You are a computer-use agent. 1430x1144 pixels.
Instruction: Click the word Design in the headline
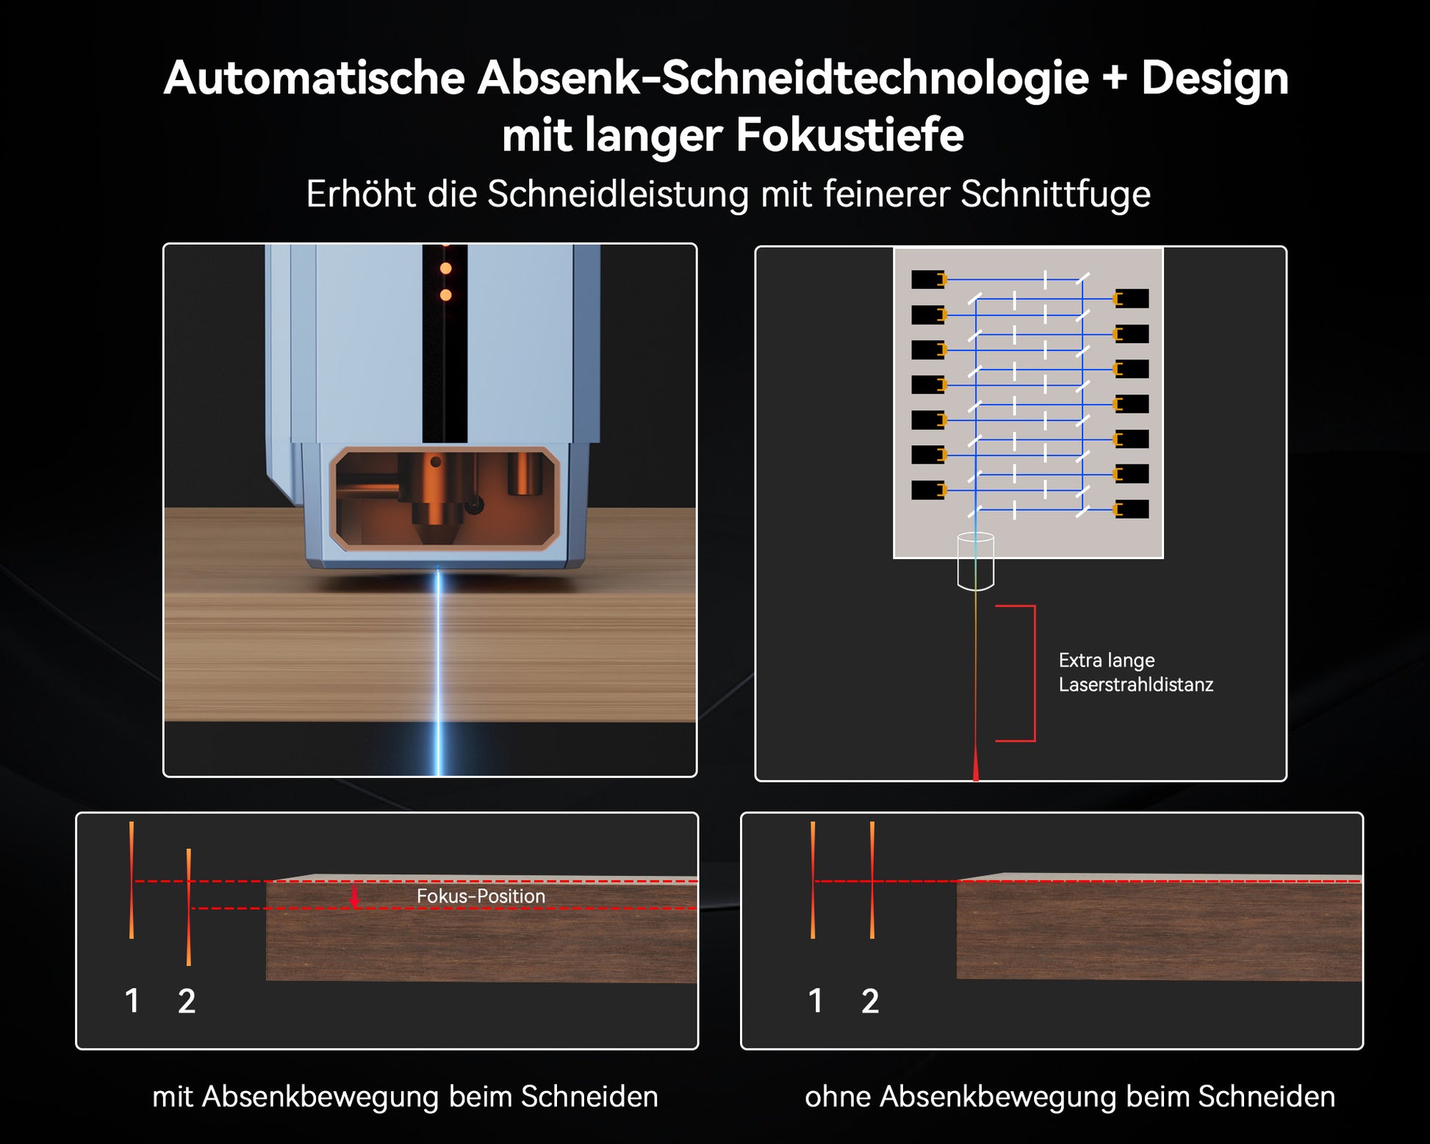pos(1215,79)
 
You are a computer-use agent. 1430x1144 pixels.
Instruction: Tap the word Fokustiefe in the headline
pos(849,135)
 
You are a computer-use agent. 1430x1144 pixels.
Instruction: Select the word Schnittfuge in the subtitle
pos(1055,195)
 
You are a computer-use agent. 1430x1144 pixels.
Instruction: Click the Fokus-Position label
pos(481,896)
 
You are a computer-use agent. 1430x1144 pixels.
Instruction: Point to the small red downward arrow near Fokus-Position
pos(355,896)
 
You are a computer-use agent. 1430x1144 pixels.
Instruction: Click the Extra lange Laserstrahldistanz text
pos(1135,672)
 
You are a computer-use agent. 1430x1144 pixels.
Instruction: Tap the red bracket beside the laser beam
pos(1034,673)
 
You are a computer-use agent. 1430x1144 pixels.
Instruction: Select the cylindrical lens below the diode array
pos(976,561)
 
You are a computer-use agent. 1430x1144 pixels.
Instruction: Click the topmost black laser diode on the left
pos(928,279)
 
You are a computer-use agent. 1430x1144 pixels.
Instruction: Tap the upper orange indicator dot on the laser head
pos(445,269)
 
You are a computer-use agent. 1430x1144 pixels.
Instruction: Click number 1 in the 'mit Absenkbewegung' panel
pos(132,1001)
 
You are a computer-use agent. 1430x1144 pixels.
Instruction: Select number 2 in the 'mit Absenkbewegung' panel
pos(187,1001)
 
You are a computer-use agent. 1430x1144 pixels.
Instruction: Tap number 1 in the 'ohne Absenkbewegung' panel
pos(816,1001)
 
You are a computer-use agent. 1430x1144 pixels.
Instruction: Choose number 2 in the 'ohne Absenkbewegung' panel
pos(870,1001)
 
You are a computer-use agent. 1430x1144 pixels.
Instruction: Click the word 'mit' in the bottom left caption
pos(173,1096)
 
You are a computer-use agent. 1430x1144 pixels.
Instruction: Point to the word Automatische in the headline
pos(315,79)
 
